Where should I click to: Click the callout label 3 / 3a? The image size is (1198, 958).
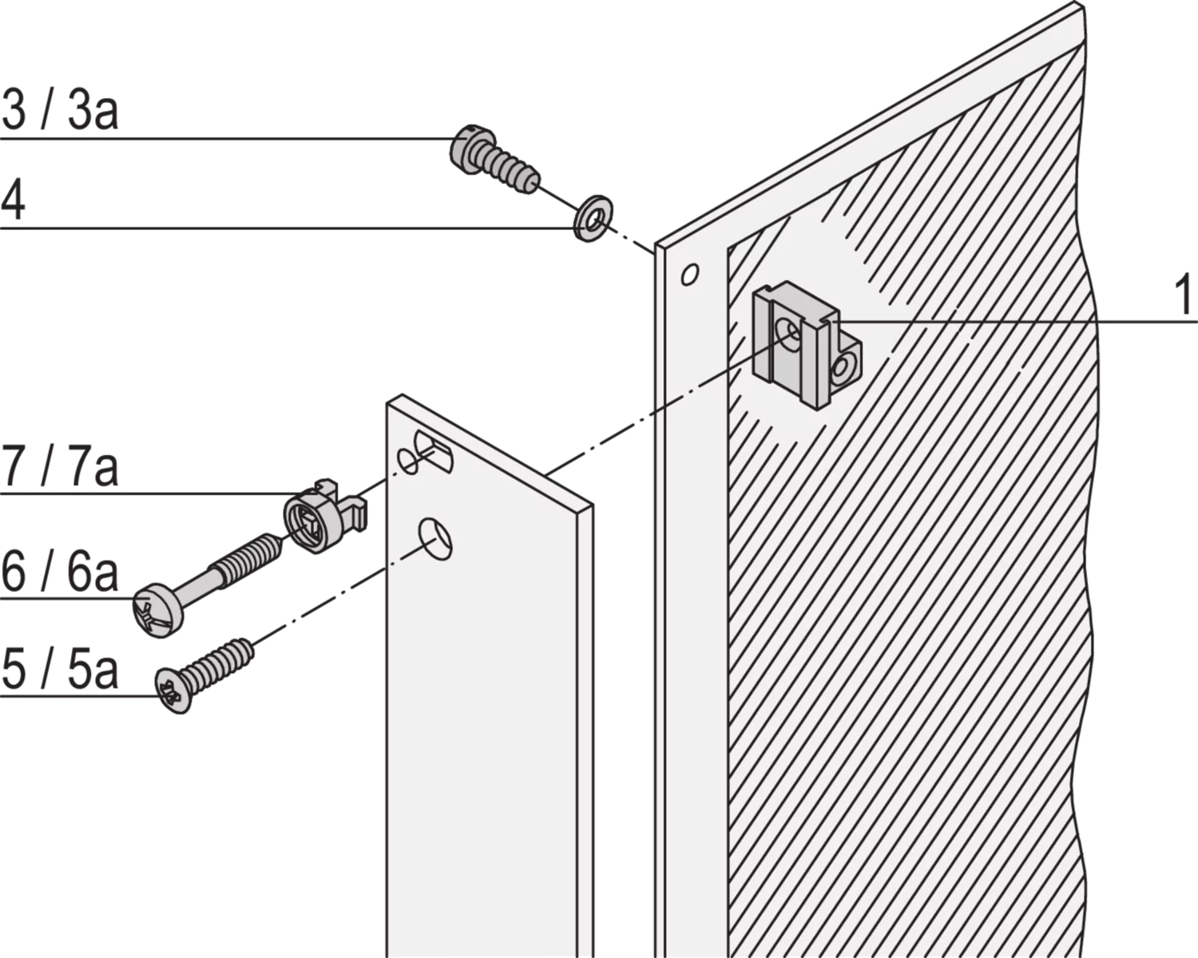click(60, 110)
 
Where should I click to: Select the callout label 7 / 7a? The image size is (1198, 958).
click(60, 466)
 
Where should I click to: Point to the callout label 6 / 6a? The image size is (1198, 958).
click(60, 572)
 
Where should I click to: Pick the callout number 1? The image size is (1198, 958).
click(1182, 298)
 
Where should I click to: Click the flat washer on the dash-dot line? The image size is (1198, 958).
click(593, 218)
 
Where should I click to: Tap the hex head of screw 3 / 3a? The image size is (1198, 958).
click(471, 145)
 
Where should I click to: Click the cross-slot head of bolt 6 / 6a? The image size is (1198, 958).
click(158, 611)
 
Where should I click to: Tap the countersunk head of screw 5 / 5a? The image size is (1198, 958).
click(173, 691)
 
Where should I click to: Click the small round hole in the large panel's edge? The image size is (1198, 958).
click(690, 274)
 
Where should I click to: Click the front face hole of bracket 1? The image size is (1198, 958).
click(787, 334)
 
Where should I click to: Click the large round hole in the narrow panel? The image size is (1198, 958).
click(436, 540)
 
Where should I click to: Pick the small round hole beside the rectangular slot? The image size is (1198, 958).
click(407, 461)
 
